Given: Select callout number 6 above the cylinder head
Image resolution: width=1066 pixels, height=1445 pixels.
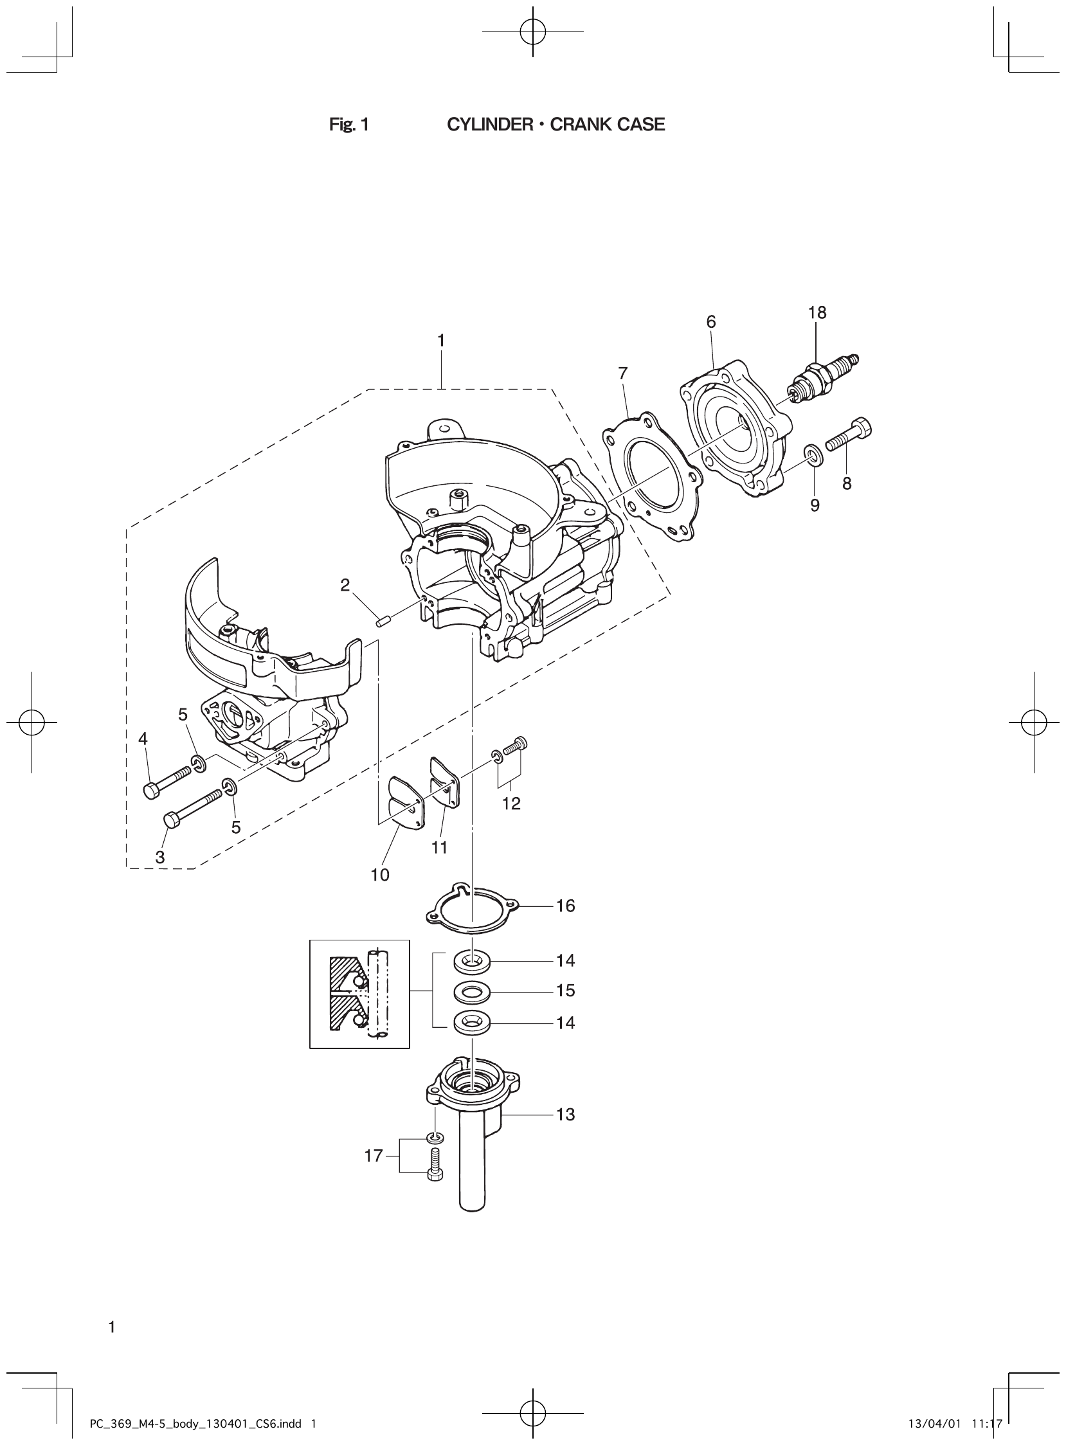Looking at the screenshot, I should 711,323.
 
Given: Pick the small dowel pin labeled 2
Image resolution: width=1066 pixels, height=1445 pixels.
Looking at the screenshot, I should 381,622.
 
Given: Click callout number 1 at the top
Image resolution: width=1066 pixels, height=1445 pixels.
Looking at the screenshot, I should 441,341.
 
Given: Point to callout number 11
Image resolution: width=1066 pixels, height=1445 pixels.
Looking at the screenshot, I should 439,847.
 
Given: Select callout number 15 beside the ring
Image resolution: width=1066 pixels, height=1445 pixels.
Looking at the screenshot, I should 565,990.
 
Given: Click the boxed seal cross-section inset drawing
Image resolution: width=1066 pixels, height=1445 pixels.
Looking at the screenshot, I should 359,994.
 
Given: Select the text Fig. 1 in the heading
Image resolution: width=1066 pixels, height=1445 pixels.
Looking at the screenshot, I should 348,125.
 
